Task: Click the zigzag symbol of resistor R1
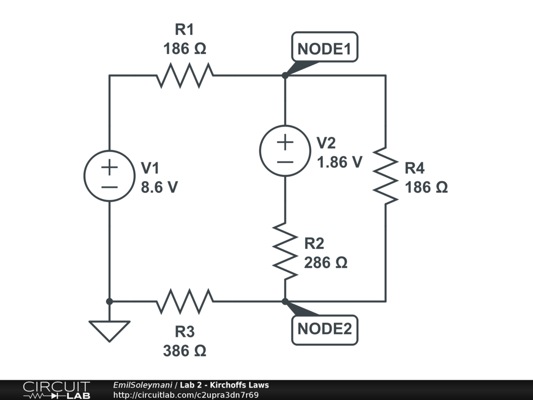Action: (x=185, y=76)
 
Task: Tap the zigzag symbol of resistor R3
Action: (x=185, y=301)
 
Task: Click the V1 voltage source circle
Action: (x=109, y=176)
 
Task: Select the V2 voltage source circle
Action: (x=285, y=150)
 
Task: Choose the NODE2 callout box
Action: (x=325, y=329)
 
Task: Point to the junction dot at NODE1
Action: (x=285, y=76)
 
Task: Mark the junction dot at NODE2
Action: (x=285, y=301)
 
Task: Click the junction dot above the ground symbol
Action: (x=109, y=301)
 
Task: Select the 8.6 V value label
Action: (x=159, y=187)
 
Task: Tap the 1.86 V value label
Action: (x=340, y=162)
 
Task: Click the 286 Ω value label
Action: (x=326, y=262)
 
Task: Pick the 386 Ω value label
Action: (x=185, y=351)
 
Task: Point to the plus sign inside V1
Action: (x=109, y=168)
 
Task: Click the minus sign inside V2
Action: (x=285, y=161)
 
